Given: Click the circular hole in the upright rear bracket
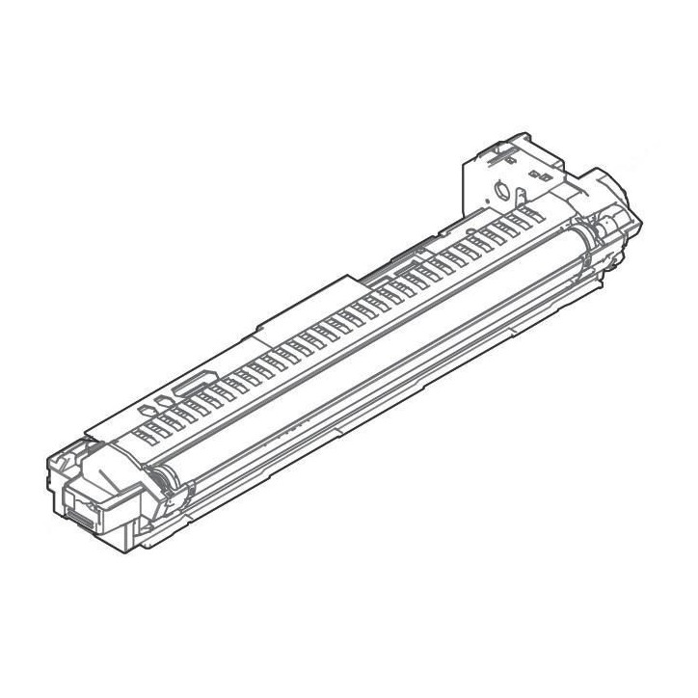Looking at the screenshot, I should click(500, 188).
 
